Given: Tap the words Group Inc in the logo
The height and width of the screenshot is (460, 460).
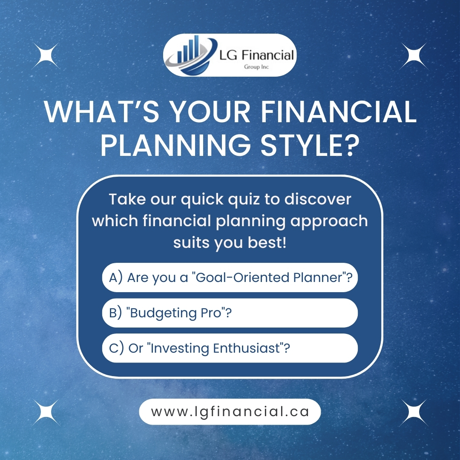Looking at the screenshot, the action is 256,67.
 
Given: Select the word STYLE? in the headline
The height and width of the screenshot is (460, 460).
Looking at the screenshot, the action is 310,145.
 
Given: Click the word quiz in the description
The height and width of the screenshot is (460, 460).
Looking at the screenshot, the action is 244,199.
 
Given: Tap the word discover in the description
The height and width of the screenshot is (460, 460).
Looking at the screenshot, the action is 318,199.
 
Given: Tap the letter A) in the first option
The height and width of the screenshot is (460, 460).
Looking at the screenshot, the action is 115,278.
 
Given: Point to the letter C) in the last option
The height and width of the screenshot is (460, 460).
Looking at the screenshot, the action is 116,348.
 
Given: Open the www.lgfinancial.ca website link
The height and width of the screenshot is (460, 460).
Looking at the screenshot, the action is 230,411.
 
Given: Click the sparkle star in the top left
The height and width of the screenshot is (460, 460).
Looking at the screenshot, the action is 46,56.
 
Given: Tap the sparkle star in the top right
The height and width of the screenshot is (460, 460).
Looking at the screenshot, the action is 414,56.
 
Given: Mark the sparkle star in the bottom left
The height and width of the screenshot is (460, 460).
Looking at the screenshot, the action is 46,412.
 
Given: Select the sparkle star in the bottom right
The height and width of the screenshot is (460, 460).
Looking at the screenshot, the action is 414,412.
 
